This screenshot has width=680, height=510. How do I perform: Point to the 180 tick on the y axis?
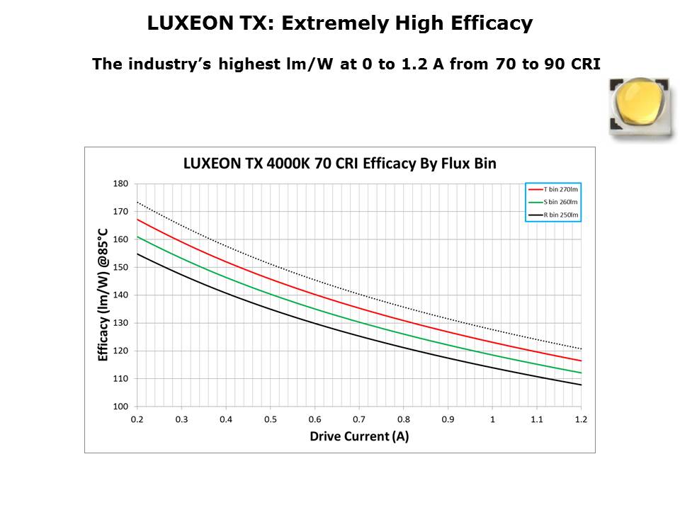click(x=120, y=183)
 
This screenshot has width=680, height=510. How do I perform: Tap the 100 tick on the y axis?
click(x=120, y=407)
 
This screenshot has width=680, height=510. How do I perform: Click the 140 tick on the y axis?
click(x=120, y=295)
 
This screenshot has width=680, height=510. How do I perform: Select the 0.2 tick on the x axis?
click(x=137, y=419)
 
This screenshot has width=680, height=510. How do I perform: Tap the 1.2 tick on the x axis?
click(x=582, y=419)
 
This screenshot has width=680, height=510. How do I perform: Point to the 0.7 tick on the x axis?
click(x=359, y=419)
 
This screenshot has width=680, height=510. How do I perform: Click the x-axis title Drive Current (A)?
click(x=359, y=436)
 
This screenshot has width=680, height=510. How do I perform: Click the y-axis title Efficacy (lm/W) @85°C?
click(x=103, y=295)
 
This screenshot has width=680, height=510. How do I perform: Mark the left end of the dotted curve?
click(x=137, y=203)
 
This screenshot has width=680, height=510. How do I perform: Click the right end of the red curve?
click(x=581, y=361)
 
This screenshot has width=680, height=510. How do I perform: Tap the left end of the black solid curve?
click(x=137, y=254)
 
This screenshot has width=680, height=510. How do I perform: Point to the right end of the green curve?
click(x=581, y=373)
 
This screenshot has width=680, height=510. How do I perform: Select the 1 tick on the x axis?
click(x=492, y=419)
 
